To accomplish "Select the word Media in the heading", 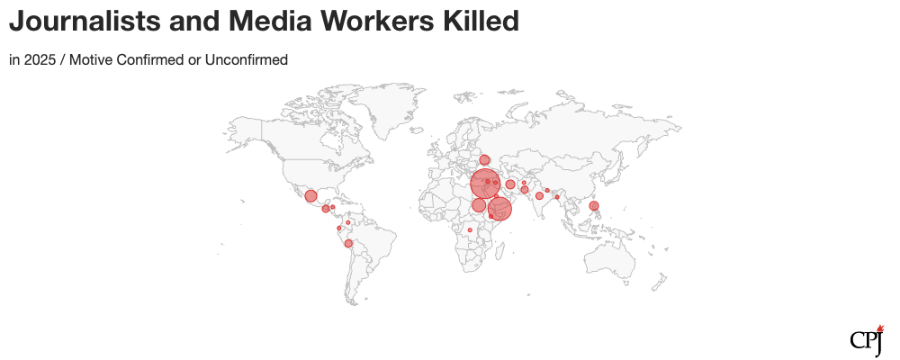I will (x=275, y=22).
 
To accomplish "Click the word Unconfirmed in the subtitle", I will (x=246, y=60).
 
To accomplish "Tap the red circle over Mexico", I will (x=310, y=196).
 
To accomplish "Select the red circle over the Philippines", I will (x=594, y=206).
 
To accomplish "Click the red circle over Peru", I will (x=348, y=244).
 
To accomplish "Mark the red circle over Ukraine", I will (x=484, y=160).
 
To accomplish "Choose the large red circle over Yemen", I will (x=499, y=209).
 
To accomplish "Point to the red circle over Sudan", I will (x=479, y=205).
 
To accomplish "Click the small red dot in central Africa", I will (x=470, y=230).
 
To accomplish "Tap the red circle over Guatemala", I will (x=325, y=209).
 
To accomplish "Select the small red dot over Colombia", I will (x=339, y=229).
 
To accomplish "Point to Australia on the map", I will (x=612, y=261).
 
